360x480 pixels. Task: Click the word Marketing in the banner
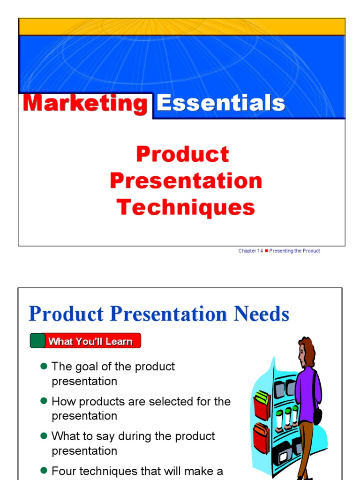pos(85,104)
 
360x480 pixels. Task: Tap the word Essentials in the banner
pos(221,103)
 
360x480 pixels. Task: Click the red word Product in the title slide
pos(182,154)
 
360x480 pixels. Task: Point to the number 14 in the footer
pos(260,251)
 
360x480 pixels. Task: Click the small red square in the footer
pos(266,251)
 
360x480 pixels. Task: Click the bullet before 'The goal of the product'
pos(44,366)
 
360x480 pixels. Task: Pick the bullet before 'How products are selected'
pos(44,401)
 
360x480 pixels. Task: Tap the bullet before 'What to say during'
pos(44,436)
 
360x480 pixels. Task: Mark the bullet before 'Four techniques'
pos(44,471)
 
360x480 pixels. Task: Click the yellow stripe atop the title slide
pos(182,27)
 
